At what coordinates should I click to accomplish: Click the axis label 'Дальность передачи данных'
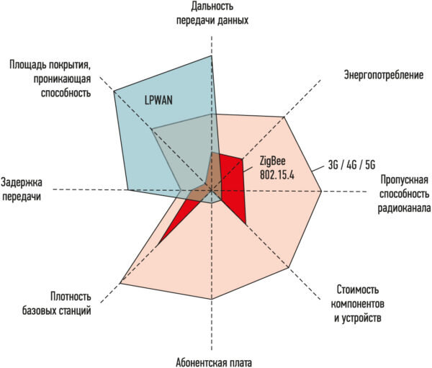212,14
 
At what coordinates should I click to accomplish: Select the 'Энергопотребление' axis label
382,75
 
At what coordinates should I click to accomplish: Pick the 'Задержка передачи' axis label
26,189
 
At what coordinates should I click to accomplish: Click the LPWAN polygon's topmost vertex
211,55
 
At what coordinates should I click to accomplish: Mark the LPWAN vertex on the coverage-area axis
114,91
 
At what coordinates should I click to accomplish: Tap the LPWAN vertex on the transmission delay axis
127,190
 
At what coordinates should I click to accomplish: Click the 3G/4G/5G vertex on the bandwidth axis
321,191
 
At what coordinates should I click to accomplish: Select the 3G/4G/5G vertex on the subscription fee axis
211,299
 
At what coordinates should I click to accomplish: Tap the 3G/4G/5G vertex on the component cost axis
289,269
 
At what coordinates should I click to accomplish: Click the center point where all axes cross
211,190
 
